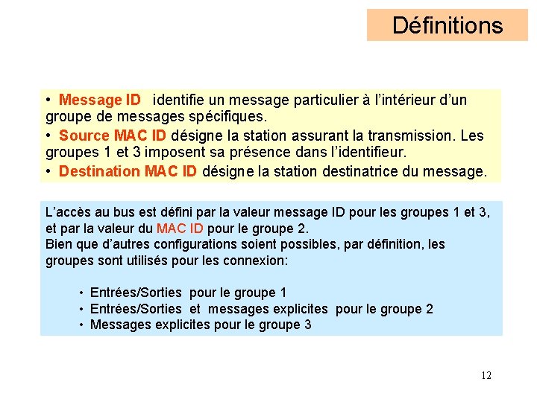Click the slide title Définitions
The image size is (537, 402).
click(447, 25)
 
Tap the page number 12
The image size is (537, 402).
click(486, 375)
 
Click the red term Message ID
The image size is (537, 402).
click(100, 100)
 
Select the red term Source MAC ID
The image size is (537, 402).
click(113, 135)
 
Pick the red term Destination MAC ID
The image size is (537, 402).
click(128, 171)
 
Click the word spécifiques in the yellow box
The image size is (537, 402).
click(228, 118)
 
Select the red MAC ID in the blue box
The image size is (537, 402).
click(181, 228)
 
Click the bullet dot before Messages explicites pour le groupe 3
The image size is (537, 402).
click(81, 325)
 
